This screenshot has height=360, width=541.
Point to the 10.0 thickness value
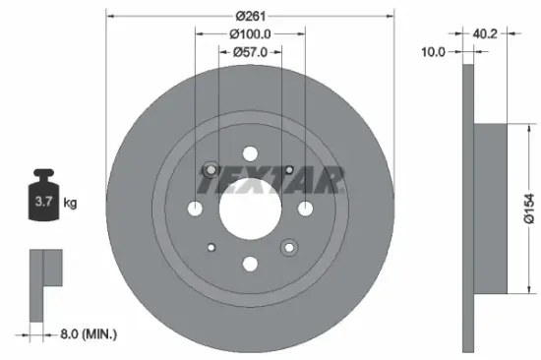tap(434, 50)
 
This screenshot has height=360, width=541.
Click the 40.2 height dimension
tap(484, 32)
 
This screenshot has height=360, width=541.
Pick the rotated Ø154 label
tap(527, 208)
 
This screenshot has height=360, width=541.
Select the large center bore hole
tap(250, 209)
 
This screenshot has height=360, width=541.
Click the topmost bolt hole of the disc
tap(250, 153)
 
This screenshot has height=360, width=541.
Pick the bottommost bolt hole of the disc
tap(250, 264)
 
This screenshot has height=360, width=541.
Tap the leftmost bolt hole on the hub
tap(196, 209)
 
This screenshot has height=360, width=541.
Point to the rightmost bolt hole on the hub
tap(305, 209)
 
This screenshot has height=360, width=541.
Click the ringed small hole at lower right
tap(289, 246)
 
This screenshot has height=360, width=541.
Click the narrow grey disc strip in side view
tap(467, 207)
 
